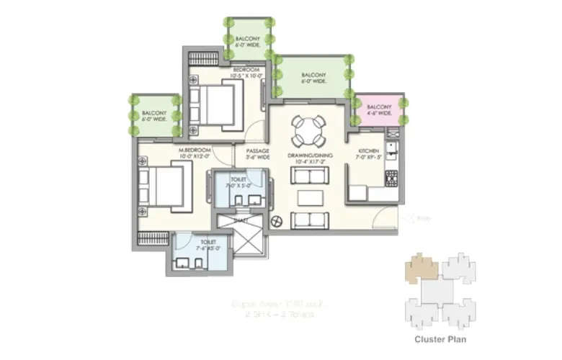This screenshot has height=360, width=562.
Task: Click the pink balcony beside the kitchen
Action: [x=375, y=109]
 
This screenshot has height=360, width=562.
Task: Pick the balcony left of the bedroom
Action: [x=153, y=115]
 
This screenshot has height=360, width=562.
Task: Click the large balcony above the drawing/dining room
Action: [x=314, y=77]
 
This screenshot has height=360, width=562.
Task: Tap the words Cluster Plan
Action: [x=440, y=339]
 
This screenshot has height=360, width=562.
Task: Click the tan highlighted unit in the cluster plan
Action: [x=421, y=267]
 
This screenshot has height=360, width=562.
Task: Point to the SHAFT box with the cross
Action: [x=241, y=235]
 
